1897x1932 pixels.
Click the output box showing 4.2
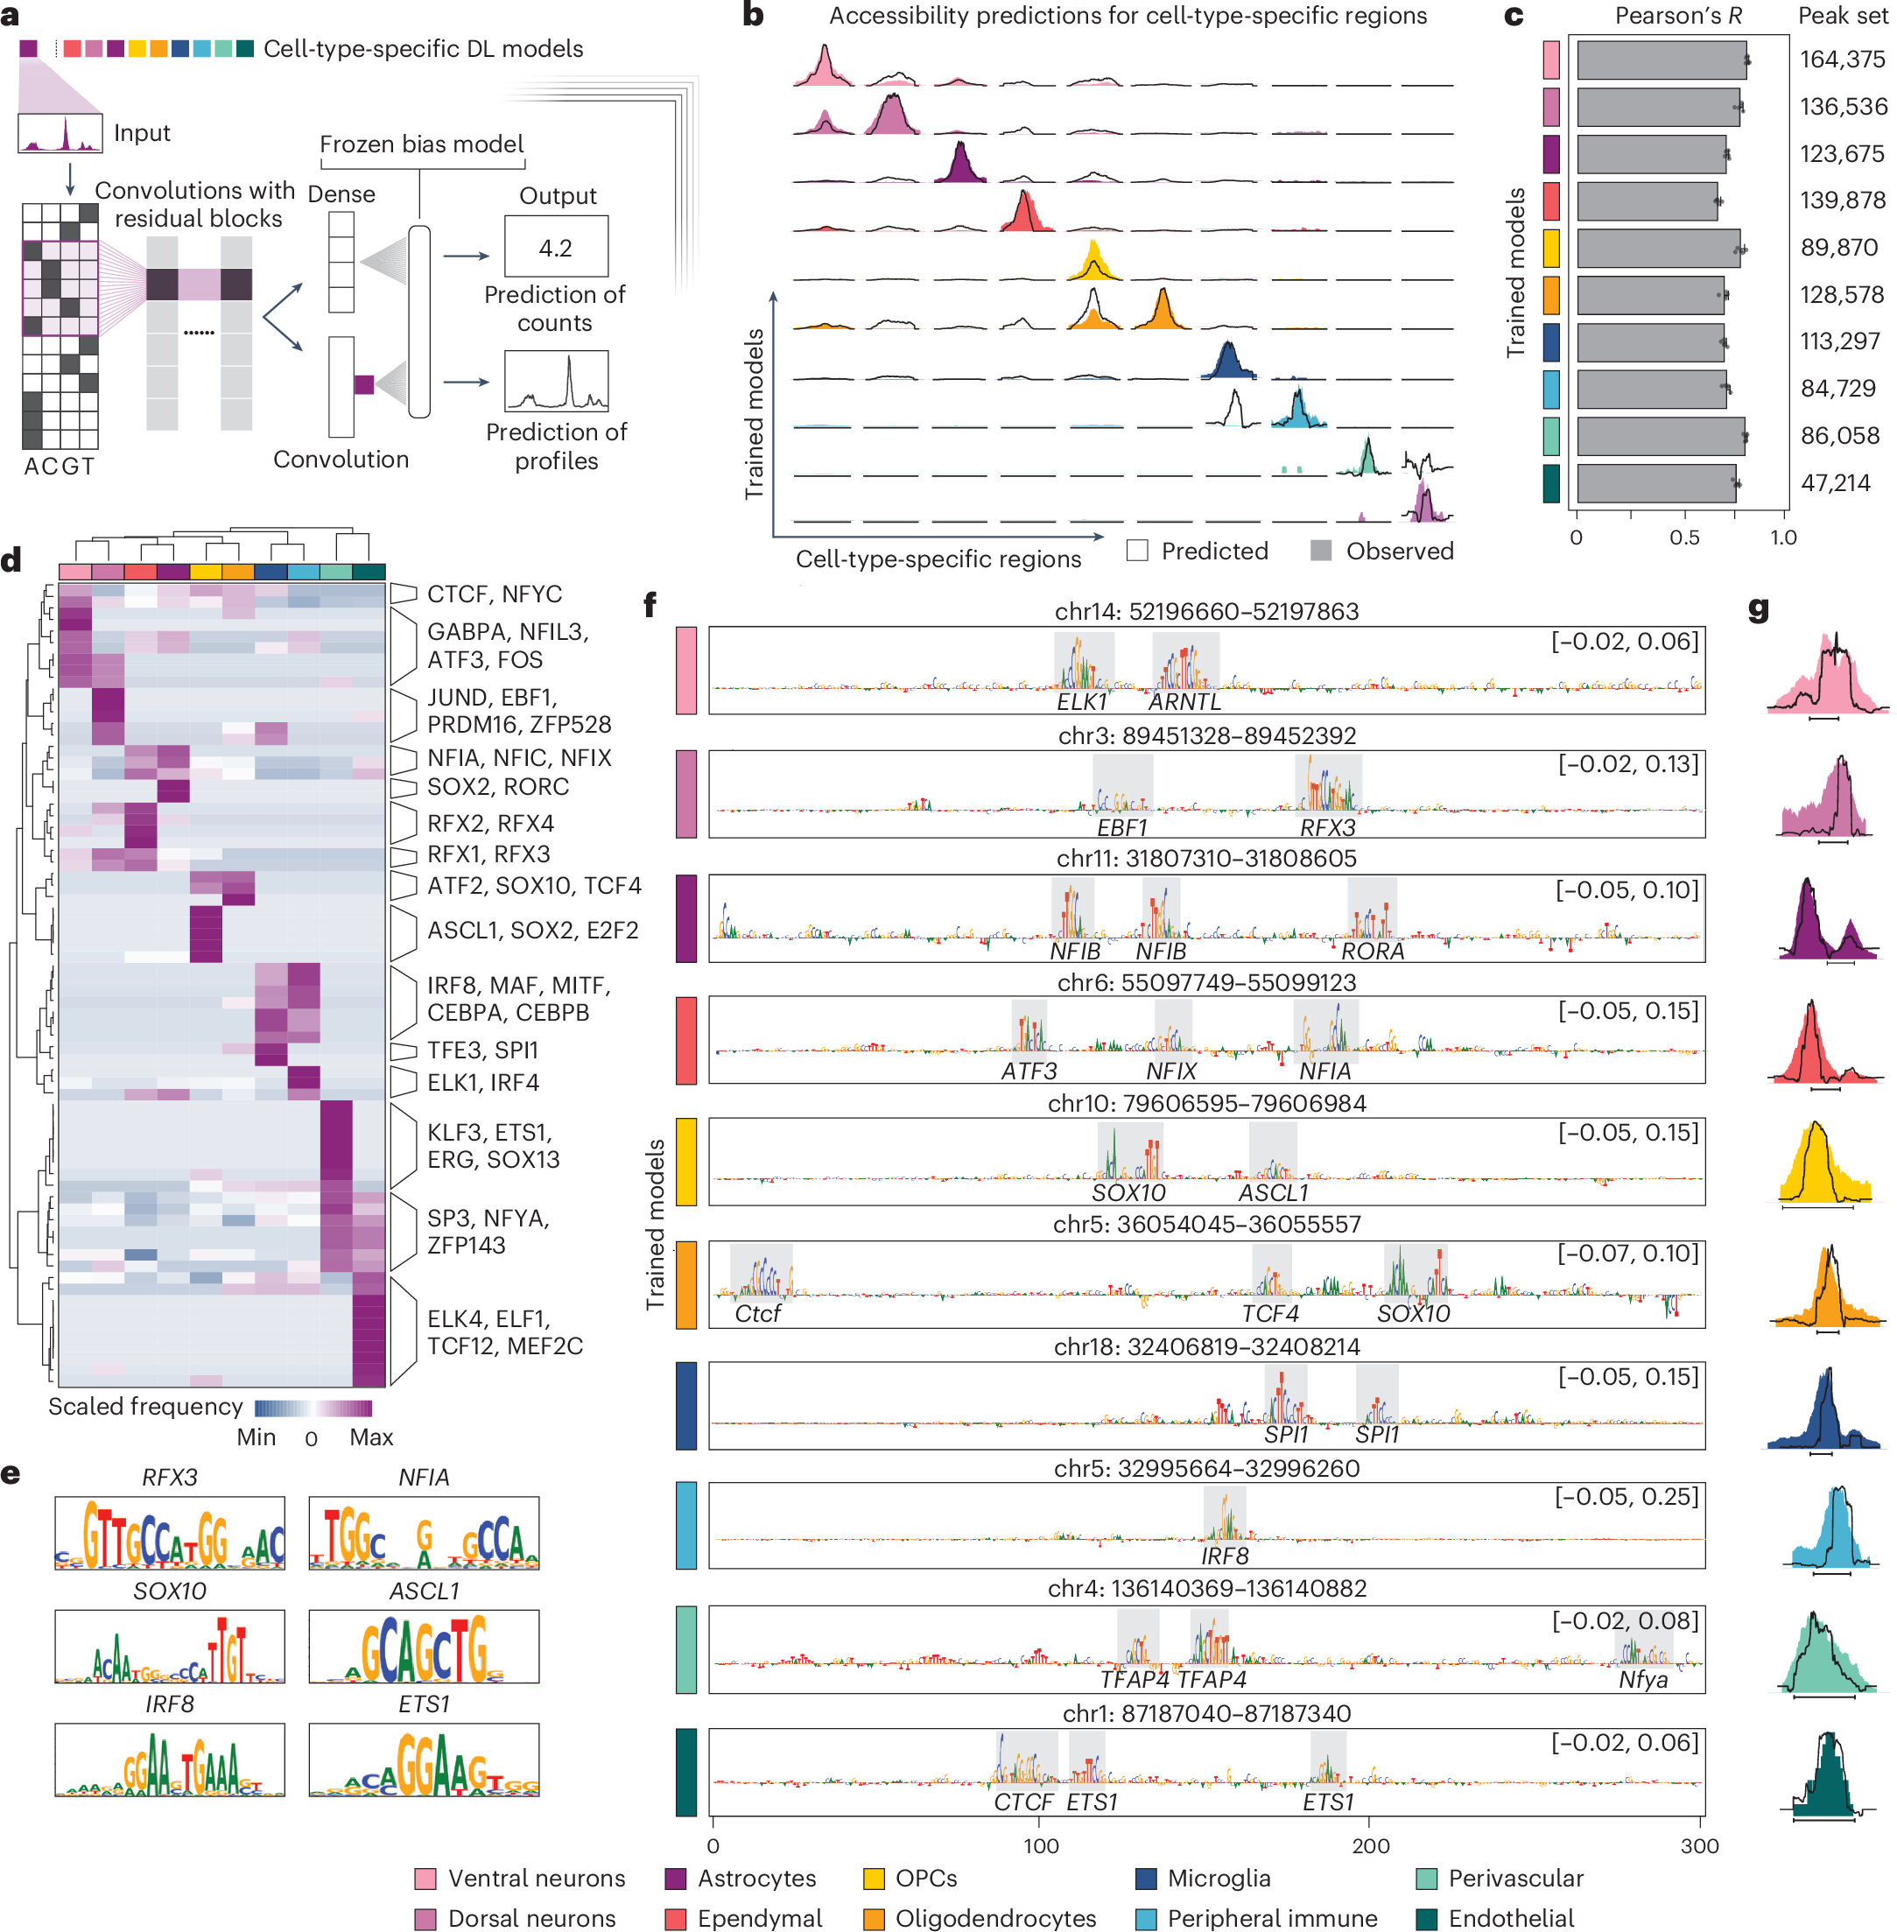tap(555, 246)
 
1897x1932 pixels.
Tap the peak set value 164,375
tap(1841, 60)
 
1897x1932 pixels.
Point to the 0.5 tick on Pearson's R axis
tap(1683, 537)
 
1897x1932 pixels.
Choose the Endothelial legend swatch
tap(1427, 1918)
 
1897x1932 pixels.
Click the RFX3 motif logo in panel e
tap(169, 1533)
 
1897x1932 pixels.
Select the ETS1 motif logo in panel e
tap(424, 1760)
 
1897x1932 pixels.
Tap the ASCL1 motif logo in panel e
tap(424, 1646)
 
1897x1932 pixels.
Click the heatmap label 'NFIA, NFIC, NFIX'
tap(518, 757)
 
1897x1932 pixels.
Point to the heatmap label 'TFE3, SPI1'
tap(482, 1050)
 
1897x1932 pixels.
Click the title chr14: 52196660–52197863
tap(1205, 611)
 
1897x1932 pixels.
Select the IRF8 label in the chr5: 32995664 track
tap(1224, 1556)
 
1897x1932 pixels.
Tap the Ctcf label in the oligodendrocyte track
tap(757, 1313)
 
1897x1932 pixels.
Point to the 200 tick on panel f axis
tap(1370, 1845)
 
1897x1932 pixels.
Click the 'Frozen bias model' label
tap(421, 144)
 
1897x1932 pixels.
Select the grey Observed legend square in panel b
tap(1320, 551)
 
